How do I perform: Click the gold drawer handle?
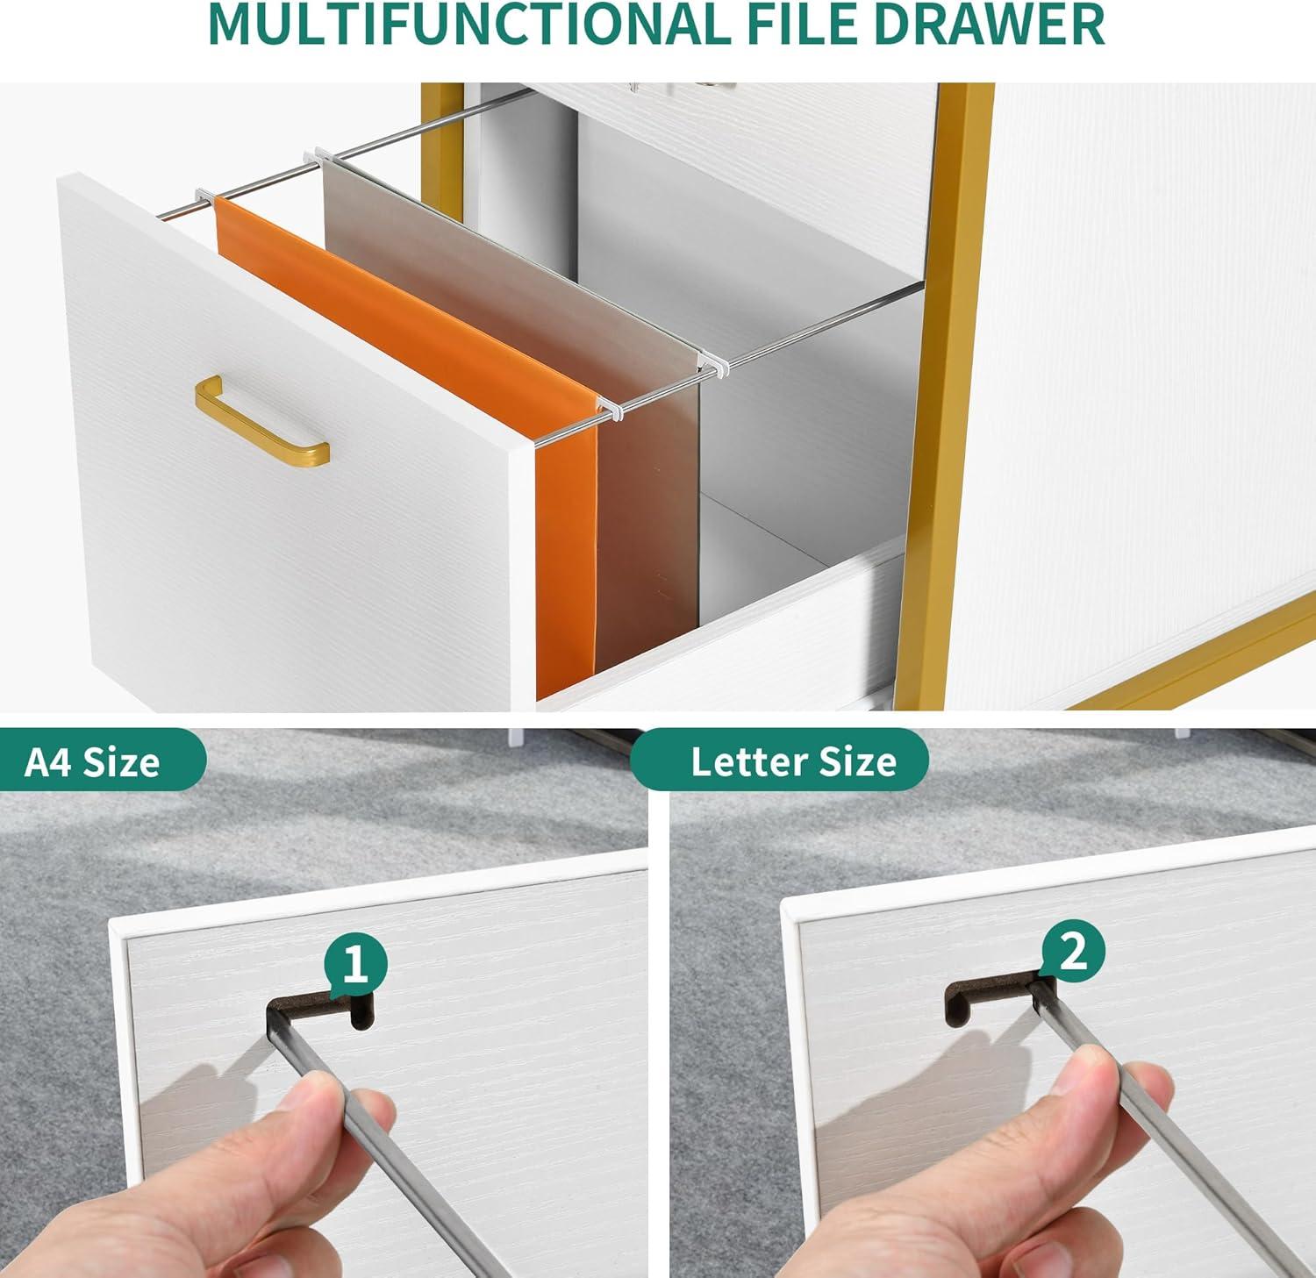tap(261, 420)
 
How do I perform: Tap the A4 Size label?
tap(92, 761)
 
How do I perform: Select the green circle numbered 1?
tap(355, 966)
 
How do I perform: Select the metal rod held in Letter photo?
tap(1167, 1132)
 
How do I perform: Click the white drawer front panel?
tap(290, 439)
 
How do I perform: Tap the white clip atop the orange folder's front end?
tap(605, 405)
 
